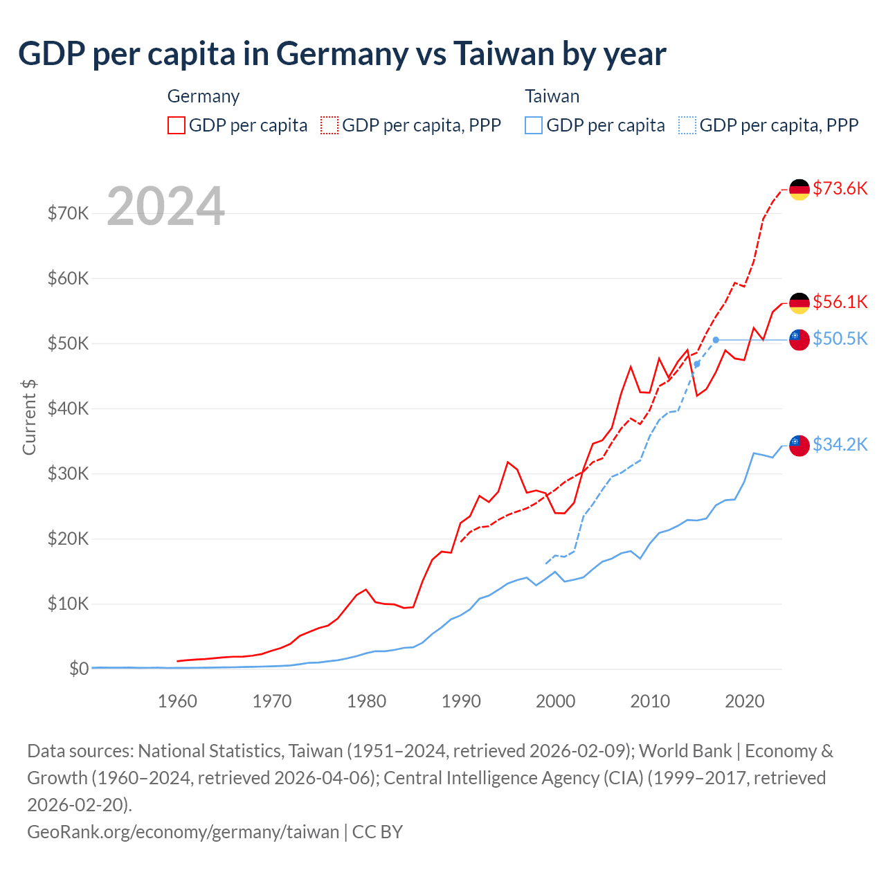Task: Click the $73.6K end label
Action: pos(840,188)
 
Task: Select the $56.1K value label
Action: pos(840,302)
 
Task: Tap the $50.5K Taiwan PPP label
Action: pos(840,338)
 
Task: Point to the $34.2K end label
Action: pos(840,444)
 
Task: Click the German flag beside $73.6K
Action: pos(799,189)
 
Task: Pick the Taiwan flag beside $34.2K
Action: pos(799,446)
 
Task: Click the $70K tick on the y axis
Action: pos(68,213)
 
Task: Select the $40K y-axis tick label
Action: pos(68,408)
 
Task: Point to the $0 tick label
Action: pos(78,669)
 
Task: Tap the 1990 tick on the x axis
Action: pos(461,701)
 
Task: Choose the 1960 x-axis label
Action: pos(177,701)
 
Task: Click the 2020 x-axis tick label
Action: pos(744,701)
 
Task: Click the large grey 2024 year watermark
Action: pos(165,206)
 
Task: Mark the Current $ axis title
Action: pos(29,417)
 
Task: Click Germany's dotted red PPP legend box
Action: pos(329,125)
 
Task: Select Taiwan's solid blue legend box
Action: pos(533,125)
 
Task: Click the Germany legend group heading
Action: pos(204,96)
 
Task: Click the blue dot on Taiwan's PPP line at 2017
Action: pos(716,340)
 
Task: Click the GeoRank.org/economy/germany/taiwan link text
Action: pos(183,831)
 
